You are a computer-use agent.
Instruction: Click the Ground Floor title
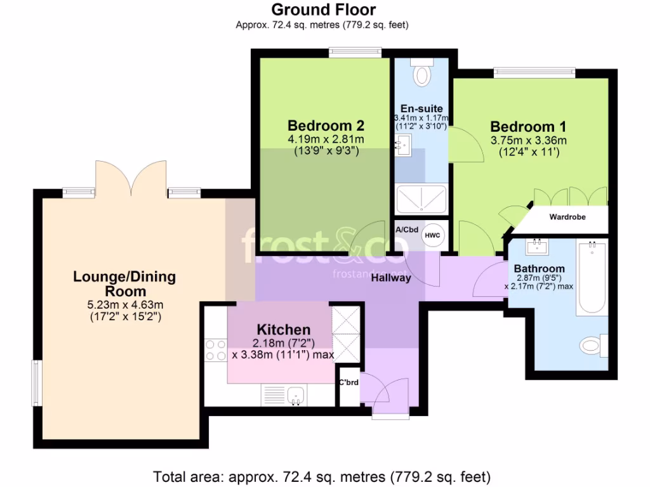[323, 10]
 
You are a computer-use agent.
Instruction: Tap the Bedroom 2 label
[326, 124]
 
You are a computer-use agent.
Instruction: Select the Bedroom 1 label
[528, 126]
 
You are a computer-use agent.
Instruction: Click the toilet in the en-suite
[421, 74]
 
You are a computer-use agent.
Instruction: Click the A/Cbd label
[406, 230]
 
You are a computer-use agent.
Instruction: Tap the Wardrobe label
[567, 218]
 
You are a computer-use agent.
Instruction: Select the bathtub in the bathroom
[592, 278]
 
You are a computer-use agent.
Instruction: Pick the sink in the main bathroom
[538, 245]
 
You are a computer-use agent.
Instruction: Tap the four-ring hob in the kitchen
[216, 351]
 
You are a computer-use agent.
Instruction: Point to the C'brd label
[349, 382]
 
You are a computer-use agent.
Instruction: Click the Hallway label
[391, 278]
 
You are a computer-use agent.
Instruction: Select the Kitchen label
[283, 330]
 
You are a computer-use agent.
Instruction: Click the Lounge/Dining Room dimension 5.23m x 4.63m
[124, 303]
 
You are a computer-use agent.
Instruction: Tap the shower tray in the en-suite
[421, 199]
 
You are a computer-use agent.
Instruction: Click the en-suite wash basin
[402, 147]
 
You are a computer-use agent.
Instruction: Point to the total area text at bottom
[322, 476]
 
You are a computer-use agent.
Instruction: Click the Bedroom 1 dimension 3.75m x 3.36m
[528, 141]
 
